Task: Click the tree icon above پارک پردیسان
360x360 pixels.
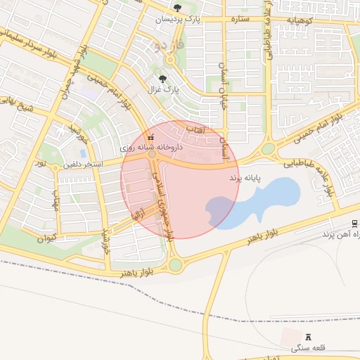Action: pos(176,8)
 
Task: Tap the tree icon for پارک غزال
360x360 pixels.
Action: pos(163,79)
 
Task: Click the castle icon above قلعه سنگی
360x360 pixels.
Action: pos(308,337)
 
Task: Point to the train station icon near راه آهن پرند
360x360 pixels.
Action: pos(354,223)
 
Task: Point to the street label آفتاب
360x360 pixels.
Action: pos(194,130)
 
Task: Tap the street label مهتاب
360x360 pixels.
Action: pos(55,202)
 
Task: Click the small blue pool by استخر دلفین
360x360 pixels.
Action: pos(83,153)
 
